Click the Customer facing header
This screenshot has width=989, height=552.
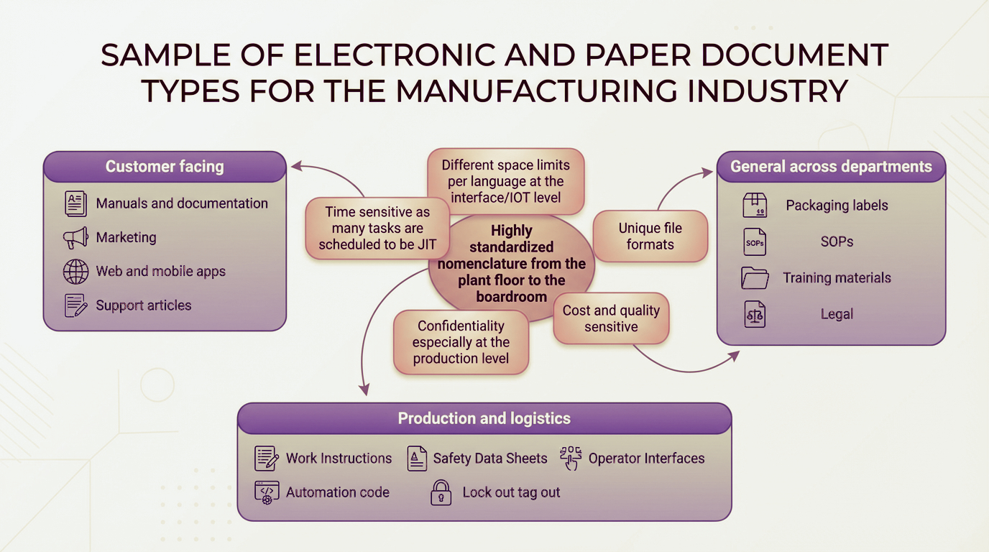(x=165, y=167)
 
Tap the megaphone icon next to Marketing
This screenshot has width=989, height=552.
(x=75, y=238)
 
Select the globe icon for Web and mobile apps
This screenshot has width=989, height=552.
(x=75, y=272)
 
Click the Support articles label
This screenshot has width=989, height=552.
(x=144, y=305)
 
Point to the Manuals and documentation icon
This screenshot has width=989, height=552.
(x=75, y=204)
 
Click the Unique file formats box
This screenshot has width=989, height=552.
(x=650, y=236)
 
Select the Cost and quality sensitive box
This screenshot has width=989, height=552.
(x=611, y=319)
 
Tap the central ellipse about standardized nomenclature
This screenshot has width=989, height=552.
(x=511, y=263)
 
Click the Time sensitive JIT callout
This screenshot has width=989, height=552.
(x=377, y=228)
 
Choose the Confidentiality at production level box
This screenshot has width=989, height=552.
(x=461, y=343)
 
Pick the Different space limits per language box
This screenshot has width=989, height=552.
(x=505, y=182)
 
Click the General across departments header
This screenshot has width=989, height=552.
(x=831, y=167)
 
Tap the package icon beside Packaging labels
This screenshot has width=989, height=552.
(x=755, y=206)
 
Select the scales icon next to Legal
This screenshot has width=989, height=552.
(x=755, y=315)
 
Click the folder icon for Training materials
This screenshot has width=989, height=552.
(x=755, y=278)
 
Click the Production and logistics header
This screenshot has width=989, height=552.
(x=484, y=418)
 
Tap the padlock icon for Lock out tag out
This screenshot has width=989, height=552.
(x=440, y=493)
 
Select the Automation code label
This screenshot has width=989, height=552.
(x=337, y=492)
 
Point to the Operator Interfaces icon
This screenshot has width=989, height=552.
(x=571, y=459)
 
